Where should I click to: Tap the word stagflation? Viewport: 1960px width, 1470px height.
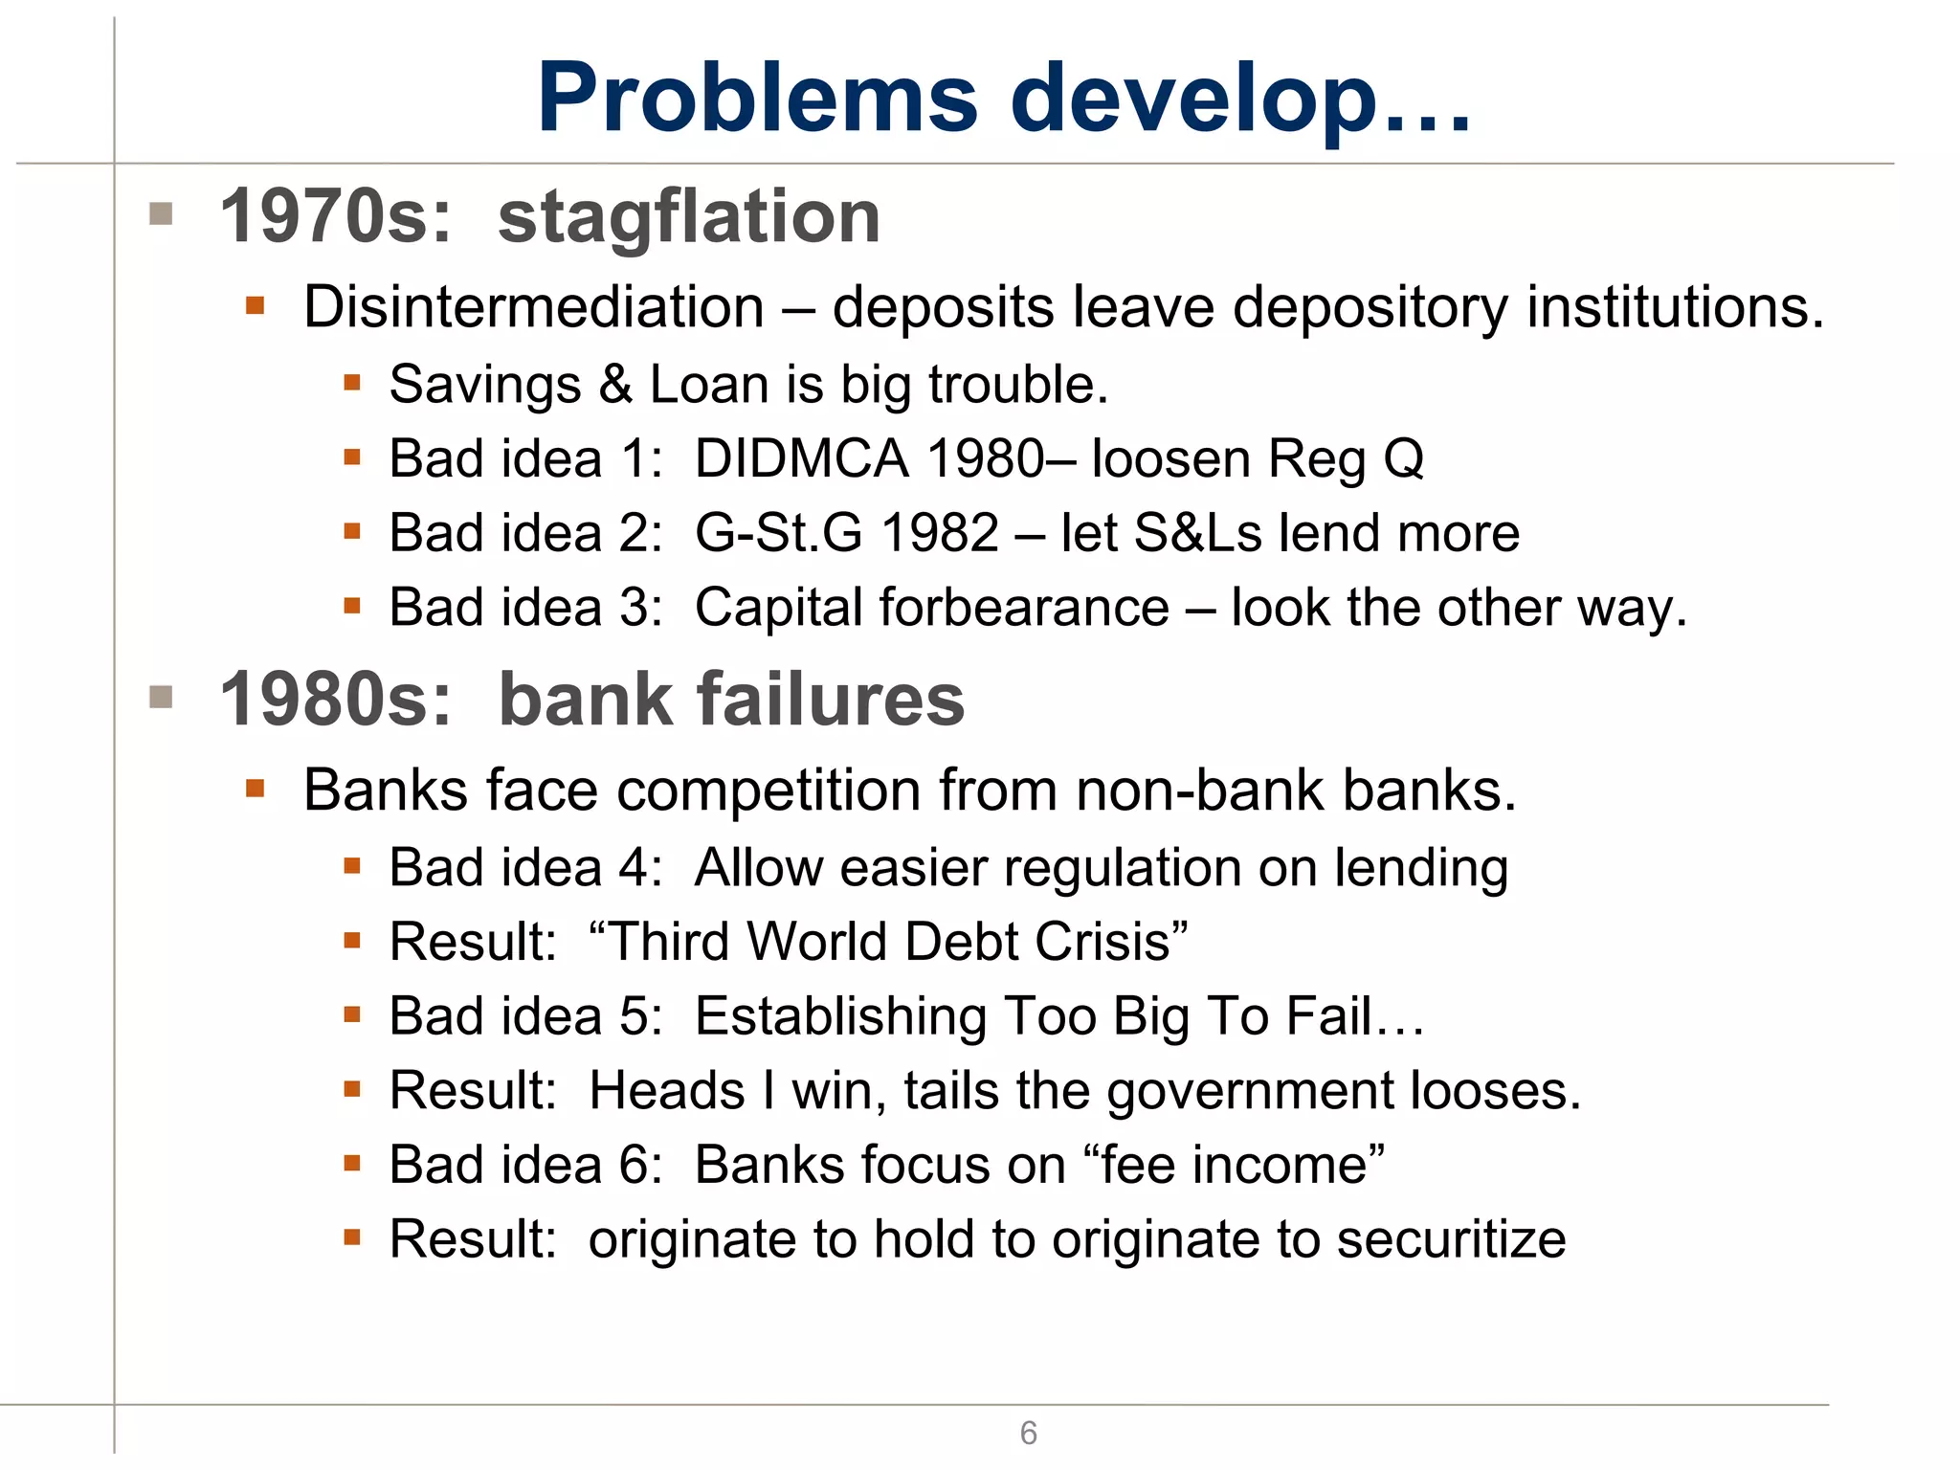688,218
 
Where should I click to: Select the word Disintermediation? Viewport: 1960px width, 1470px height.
534,308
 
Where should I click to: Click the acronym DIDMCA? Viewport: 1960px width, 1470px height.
801,458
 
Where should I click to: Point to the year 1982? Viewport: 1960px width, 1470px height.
940,533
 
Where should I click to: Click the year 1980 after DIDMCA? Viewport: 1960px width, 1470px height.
986,458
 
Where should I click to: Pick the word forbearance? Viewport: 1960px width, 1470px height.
1024,608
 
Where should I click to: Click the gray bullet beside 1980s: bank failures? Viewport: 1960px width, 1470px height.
161,697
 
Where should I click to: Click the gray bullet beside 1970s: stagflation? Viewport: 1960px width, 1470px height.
161,213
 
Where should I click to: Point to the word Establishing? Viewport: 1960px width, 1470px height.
840,1016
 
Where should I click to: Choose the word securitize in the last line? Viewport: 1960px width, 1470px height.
1451,1240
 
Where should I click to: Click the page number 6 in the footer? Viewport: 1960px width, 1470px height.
1028,1433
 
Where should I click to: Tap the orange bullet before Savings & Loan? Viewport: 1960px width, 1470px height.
351,384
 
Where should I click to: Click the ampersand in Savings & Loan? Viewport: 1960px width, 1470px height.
615,385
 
